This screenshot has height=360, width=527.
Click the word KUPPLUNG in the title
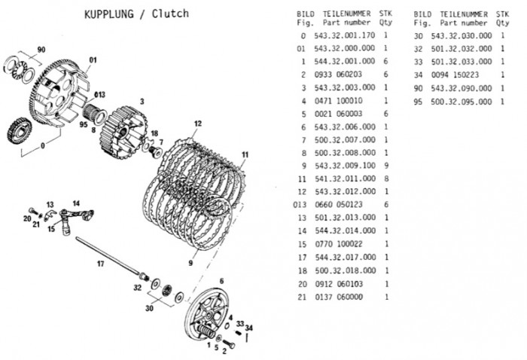109,14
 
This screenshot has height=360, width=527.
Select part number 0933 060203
338,75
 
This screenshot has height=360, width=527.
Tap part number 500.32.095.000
461,102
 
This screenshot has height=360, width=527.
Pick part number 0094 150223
455,75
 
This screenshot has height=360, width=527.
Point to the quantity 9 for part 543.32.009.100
386,166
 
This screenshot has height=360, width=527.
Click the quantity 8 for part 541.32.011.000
386,178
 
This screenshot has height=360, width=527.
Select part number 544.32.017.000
346,258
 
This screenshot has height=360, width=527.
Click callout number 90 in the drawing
41,50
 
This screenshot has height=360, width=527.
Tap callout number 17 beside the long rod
100,264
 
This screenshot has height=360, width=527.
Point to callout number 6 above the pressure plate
221,281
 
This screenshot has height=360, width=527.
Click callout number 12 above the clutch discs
197,124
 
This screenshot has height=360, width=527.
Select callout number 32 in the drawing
138,288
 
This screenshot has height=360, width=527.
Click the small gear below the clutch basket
19,131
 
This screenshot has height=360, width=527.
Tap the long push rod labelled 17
108,255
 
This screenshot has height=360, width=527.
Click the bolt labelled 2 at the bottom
229,344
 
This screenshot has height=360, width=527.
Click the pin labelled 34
247,338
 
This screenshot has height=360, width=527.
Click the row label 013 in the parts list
300,205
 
